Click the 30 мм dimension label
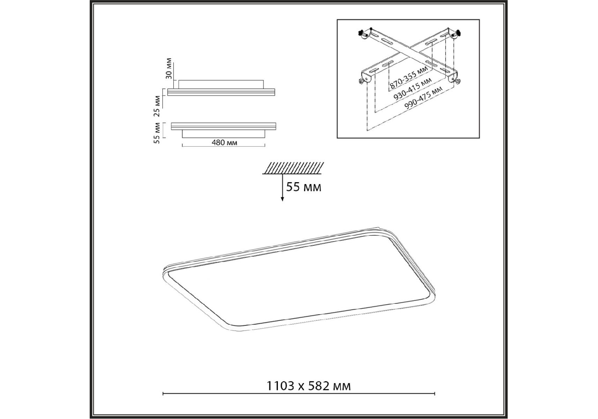(x=169, y=68)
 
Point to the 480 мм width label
(x=225, y=142)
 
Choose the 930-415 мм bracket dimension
(x=413, y=89)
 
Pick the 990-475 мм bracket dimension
(x=423, y=98)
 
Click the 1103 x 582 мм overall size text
(x=309, y=386)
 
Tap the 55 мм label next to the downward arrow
(x=304, y=187)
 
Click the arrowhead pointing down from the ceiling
(x=282, y=199)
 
